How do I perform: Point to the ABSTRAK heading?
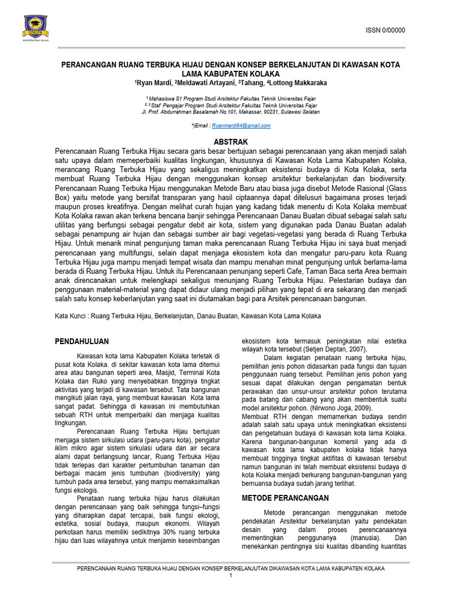231,141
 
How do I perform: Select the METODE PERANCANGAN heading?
285,498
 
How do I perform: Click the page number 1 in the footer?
230,577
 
